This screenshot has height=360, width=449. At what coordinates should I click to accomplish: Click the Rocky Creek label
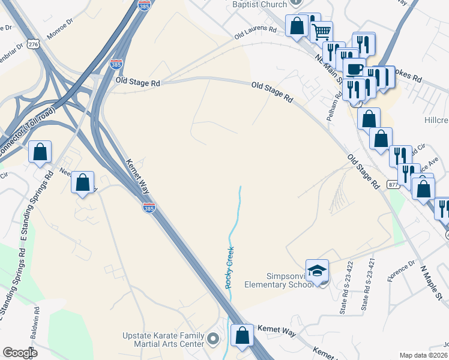(x=229, y=268)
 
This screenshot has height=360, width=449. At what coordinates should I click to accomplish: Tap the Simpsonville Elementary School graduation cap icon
(x=317, y=271)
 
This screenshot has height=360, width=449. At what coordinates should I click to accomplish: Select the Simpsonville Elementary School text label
(x=283, y=280)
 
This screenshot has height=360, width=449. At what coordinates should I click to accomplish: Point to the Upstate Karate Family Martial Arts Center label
(x=163, y=340)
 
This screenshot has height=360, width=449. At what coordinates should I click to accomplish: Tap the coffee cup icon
(x=354, y=67)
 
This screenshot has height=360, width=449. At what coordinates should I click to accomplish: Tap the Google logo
(x=20, y=353)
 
